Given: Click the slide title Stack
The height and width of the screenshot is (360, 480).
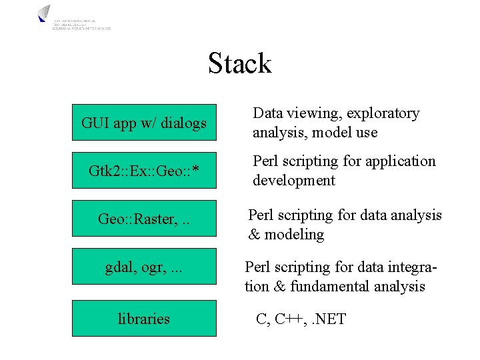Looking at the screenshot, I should click(239, 64).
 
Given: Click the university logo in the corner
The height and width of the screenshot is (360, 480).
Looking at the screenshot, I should click(44, 14).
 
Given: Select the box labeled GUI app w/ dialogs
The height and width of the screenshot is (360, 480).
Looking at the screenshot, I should click(144, 123).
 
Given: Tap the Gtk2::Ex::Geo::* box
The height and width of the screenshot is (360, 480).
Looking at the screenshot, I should click(144, 171).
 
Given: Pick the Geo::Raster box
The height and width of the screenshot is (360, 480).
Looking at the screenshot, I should click(144, 219).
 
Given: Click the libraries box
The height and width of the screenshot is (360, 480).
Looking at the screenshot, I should click(144, 318).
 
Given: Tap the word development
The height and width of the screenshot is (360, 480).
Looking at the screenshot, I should click(294, 181).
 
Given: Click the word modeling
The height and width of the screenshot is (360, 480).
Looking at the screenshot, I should click(294, 235).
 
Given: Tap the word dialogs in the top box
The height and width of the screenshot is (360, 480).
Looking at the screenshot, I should click(183, 123).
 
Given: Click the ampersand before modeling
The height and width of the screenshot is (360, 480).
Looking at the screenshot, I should click(254, 235).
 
